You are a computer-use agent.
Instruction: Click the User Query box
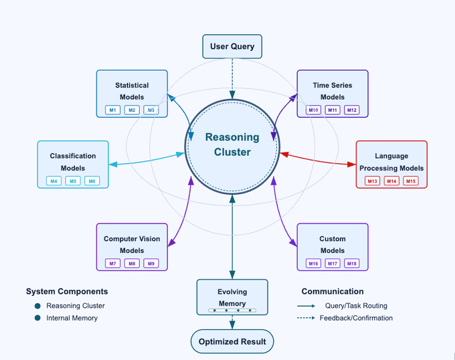coord(232,47)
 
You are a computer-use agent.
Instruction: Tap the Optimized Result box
coord(232,341)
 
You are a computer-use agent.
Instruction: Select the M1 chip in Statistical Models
coord(113,110)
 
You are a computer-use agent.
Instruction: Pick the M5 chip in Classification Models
coord(73,181)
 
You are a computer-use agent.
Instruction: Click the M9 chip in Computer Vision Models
coord(151,264)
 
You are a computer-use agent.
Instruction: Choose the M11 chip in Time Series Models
coord(333,110)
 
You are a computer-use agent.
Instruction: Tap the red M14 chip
coord(391,181)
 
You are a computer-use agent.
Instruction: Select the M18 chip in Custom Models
coord(352,264)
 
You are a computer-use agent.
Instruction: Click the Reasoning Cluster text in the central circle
coord(232,145)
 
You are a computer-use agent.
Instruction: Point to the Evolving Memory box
coord(232,296)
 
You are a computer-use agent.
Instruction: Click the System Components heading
coord(67,292)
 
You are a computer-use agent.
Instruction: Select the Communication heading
coord(333,292)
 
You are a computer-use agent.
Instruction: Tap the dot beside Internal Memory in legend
coord(37,318)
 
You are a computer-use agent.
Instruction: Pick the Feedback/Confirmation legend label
coord(356,318)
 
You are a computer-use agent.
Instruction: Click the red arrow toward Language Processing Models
coord(317,159)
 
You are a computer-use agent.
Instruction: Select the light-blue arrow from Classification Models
coord(147,159)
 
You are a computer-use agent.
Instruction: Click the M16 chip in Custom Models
coord(313,264)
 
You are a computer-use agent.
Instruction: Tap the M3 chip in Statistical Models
coord(151,110)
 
